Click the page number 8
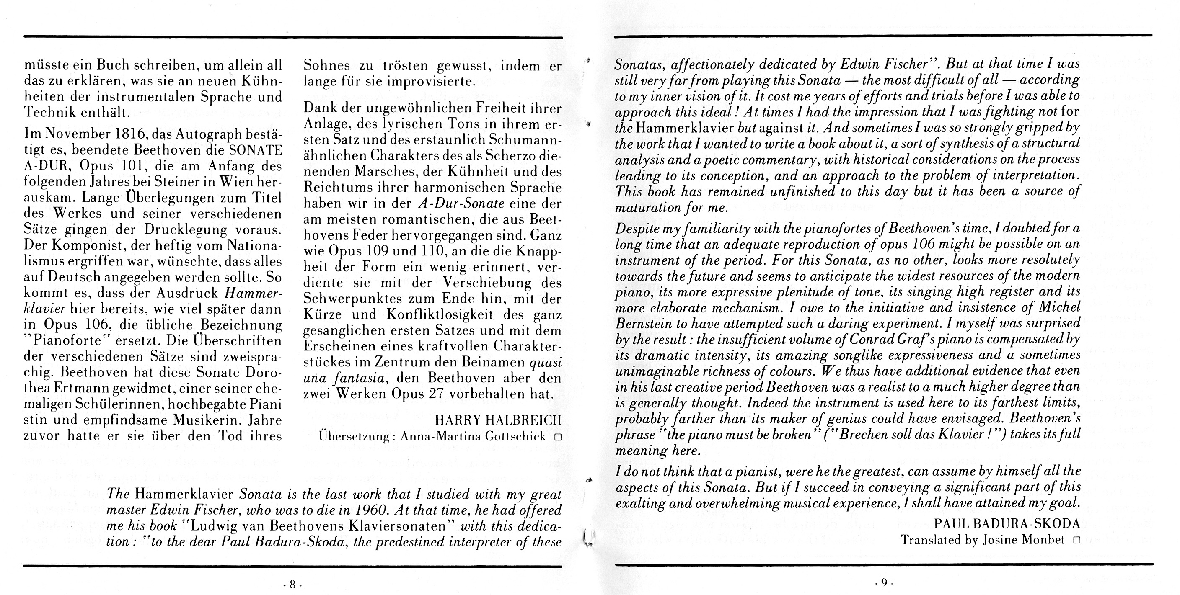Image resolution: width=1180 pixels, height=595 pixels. (x=292, y=585)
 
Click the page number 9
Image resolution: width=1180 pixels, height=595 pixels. (x=884, y=582)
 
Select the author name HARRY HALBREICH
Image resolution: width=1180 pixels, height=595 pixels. (x=497, y=420)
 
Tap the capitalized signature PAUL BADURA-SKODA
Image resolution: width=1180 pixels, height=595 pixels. (x=1007, y=523)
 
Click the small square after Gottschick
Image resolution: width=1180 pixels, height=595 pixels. (x=557, y=437)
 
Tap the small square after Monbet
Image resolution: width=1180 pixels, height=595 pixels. (x=1076, y=541)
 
